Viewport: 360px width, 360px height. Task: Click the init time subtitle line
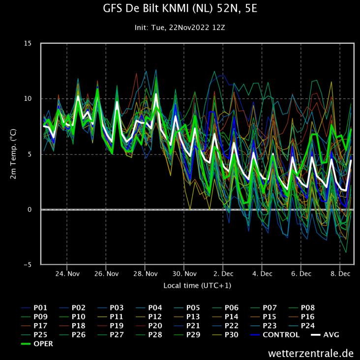180,28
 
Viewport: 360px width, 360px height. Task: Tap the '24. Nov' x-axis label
67,273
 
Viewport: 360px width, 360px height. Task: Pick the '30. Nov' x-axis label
184,273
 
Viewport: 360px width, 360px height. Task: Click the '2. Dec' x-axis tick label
223,273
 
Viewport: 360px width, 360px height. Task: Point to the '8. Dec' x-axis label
340,273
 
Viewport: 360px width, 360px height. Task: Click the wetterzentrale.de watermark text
311,353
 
